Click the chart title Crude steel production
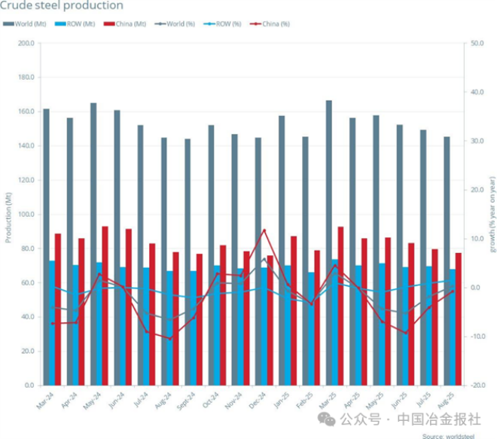tap(62, 5)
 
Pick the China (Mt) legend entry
tap(127, 24)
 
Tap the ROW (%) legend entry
tap(224, 24)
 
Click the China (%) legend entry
tap(271, 24)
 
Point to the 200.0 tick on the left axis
tap(26, 43)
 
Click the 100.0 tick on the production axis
tap(26, 215)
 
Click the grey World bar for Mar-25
tap(329, 241)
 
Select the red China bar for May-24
tap(105, 305)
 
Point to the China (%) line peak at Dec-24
tap(264, 230)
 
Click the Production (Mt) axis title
tap(8, 215)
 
